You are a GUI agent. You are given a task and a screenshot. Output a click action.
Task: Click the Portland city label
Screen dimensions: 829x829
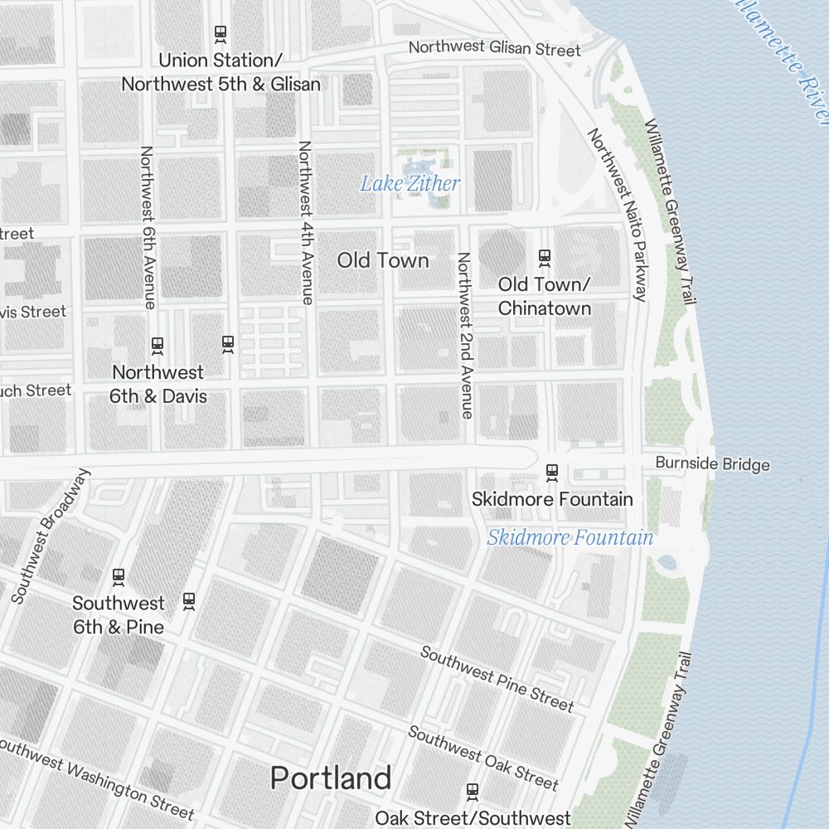click(x=331, y=778)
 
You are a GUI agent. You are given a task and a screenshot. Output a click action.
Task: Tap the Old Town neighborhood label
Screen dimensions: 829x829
click(x=383, y=260)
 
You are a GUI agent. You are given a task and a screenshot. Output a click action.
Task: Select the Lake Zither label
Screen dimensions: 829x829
click(x=410, y=183)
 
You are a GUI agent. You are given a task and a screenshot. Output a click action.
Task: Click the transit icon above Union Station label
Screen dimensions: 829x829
click(x=221, y=34)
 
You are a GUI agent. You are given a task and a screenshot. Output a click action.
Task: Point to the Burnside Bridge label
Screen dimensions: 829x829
click(x=712, y=464)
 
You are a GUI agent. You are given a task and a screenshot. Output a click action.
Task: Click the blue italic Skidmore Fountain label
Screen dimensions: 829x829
click(x=570, y=538)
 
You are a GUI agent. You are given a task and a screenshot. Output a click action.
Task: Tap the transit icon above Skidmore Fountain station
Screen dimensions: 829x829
click(x=552, y=473)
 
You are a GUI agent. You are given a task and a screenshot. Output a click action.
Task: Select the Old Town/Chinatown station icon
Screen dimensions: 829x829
click(x=545, y=258)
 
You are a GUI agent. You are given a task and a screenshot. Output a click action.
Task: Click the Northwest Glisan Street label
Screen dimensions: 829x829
click(x=494, y=48)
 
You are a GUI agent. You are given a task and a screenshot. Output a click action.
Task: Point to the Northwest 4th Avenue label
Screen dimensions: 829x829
click(x=305, y=222)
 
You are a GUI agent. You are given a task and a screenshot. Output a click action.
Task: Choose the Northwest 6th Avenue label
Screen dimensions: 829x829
click(x=148, y=227)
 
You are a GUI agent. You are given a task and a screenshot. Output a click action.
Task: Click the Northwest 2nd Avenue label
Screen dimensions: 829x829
click(x=464, y=335)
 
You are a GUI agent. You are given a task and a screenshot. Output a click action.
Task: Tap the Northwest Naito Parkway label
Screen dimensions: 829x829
click(x=618, y=214)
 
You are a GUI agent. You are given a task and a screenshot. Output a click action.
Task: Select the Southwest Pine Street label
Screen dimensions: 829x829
click(x=497, y=679)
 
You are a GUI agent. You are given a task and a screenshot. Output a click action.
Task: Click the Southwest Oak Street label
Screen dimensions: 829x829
click(x=482, y=757)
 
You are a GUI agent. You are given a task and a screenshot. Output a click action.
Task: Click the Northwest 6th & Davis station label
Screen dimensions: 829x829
click(x=158, y=384)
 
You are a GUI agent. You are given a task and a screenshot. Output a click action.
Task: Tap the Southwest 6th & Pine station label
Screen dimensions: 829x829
click(x=118, y=615)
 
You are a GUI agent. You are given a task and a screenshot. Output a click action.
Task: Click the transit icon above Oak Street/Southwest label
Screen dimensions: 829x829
click(x=473, y=791)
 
